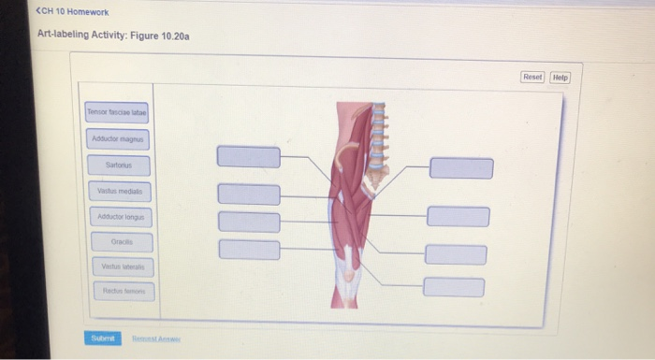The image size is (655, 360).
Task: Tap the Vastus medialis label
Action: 117,192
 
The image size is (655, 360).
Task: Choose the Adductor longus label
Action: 118,217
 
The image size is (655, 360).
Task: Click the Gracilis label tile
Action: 119,241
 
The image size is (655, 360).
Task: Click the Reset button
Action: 531,78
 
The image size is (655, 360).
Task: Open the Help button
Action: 560,78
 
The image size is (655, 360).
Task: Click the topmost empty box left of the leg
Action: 248,156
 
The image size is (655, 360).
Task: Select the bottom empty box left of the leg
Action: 249,250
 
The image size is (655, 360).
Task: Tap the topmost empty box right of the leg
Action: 460,168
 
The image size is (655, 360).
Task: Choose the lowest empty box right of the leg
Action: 453,286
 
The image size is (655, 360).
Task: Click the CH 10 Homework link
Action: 73,12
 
